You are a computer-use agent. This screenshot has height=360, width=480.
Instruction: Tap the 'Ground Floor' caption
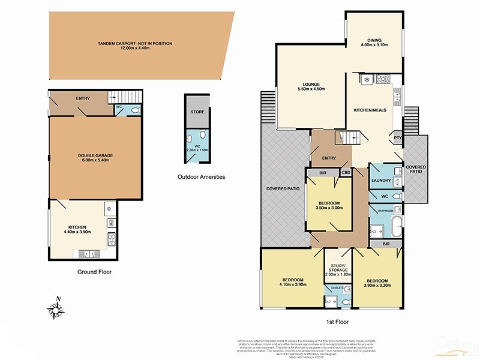[x=94, y=271]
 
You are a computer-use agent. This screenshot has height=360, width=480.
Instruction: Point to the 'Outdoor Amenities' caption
[x=200, y=176]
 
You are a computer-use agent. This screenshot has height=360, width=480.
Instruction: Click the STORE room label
[x=197, y=112]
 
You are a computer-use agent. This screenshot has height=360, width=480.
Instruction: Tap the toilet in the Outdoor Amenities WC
[x=203, y=135]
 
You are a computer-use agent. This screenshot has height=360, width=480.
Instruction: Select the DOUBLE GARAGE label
[x=95, y=155]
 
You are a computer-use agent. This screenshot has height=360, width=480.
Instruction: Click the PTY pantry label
[x=397, y=138]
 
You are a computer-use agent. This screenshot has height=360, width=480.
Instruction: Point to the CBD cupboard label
[x=346, y=173]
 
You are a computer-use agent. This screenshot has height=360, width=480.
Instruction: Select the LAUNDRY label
[x=382, y=180]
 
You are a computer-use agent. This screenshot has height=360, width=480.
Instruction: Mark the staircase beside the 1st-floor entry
[x=350, y=139]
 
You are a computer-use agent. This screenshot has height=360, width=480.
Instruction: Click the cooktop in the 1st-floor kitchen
[x=382, y=79]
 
